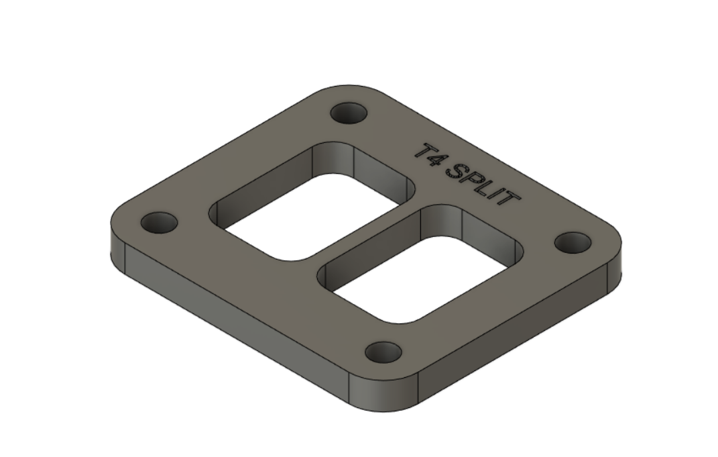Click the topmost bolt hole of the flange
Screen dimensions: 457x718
(350, 114)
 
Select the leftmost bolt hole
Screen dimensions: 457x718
(159, 222)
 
